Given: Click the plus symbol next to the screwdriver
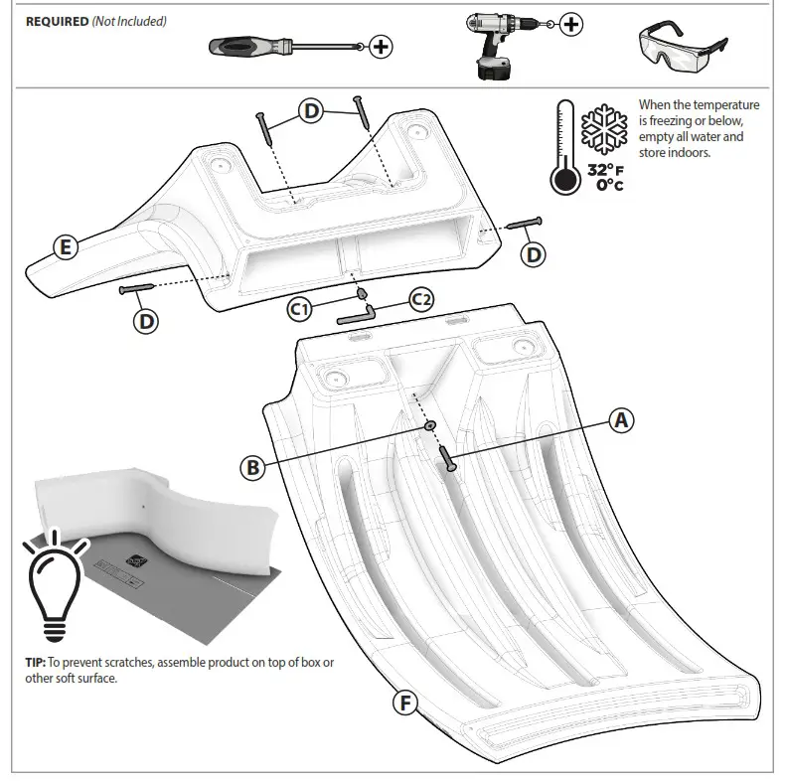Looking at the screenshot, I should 381,46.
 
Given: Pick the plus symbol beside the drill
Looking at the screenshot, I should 571,25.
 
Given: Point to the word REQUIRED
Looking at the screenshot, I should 57,22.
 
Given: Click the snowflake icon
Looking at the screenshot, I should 604,128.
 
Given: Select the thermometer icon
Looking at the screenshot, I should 564,149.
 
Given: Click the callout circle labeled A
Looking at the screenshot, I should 621,420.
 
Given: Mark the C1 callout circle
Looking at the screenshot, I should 299,309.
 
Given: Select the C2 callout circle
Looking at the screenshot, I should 422,299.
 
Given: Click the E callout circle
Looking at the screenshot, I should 65,247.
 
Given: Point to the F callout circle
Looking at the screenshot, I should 403,703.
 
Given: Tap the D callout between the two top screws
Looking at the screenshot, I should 311,111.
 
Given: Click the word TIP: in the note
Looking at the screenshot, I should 36,661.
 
